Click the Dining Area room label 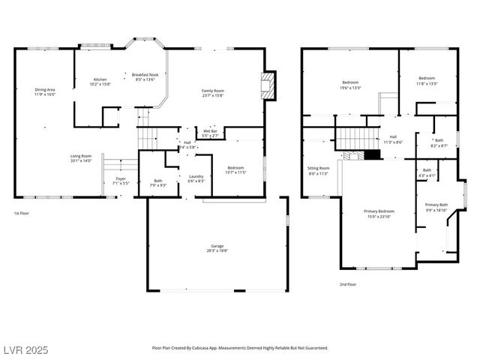coord(45,90)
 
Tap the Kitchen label coord(100,79)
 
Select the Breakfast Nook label coord(144,75)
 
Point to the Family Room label coord(213,91)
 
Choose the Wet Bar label coord(209,131)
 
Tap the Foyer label coord(120,179)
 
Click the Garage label coord(217,247)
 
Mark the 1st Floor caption coord(21,213)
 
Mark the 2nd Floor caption coord(348,284)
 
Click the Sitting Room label coord(319,168)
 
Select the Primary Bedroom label coord(379,211)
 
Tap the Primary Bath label coord(436,205)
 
